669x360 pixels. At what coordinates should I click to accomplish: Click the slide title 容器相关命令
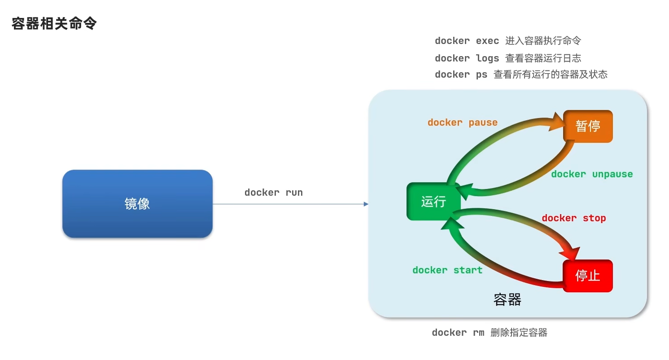coord(54,24)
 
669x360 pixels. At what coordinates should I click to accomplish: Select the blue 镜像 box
coord(137,204)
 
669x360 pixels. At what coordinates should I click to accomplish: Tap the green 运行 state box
coord(433,202)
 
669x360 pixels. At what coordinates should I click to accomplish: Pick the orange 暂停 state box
coord(588,126)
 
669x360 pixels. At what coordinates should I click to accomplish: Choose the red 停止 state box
coord(588,276)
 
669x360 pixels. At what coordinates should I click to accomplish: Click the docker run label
coord(274,193)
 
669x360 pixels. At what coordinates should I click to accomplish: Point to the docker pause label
coord(463,123)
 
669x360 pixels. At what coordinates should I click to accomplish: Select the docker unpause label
coord(592,174)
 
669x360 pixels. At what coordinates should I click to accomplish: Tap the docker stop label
coord(573,218)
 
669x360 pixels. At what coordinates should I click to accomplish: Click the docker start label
coord(447,270)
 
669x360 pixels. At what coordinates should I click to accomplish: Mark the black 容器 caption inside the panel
coord(507,300)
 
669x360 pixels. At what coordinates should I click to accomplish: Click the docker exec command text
coord(467,41)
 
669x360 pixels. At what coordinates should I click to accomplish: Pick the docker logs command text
coord(467,58)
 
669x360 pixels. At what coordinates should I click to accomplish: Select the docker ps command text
coord(461,75)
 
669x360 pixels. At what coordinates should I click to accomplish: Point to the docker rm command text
coord(458,333)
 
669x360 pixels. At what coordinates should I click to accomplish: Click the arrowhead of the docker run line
coord(366,204)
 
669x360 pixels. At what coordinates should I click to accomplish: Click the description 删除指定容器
coord(519,333)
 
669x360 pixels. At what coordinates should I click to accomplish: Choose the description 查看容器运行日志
coord(543,58)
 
